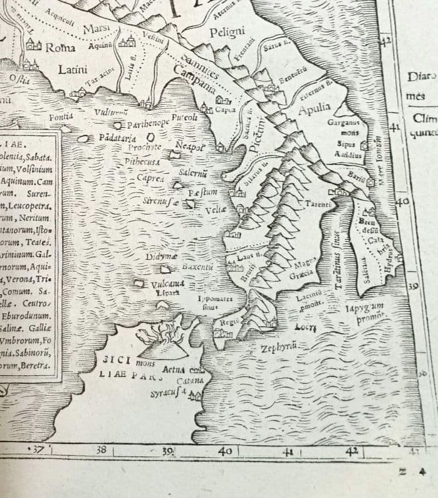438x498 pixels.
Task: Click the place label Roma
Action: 61,48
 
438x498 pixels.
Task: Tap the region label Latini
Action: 73,70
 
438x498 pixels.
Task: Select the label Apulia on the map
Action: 314,110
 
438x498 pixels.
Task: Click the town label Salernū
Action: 194,172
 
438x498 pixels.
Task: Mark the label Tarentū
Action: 319,204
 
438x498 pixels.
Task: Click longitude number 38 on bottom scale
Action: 102,450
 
